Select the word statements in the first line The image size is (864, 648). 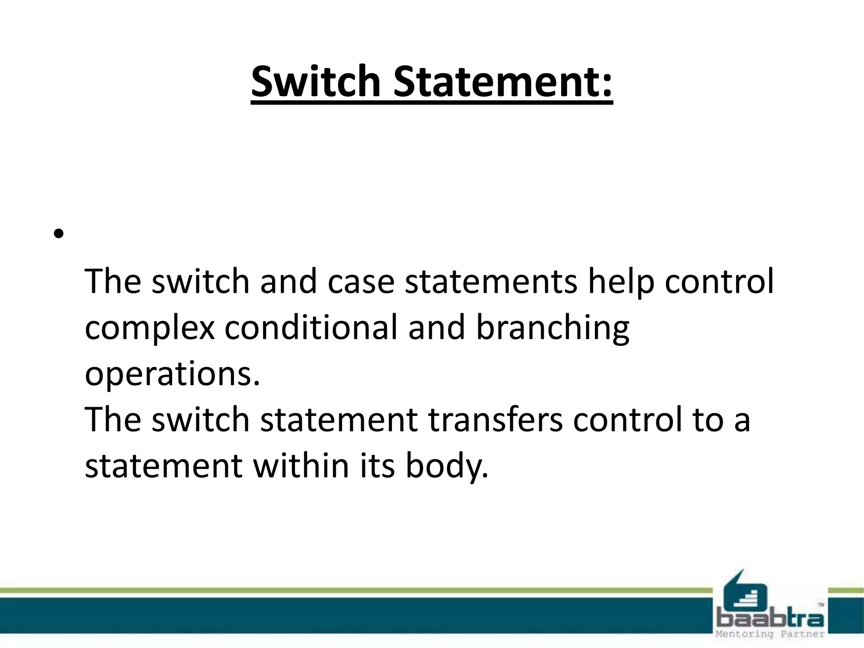click(x=491, y=281)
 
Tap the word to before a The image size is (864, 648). click(x=707, y=420)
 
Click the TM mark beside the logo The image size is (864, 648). click(x=821, y=605)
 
